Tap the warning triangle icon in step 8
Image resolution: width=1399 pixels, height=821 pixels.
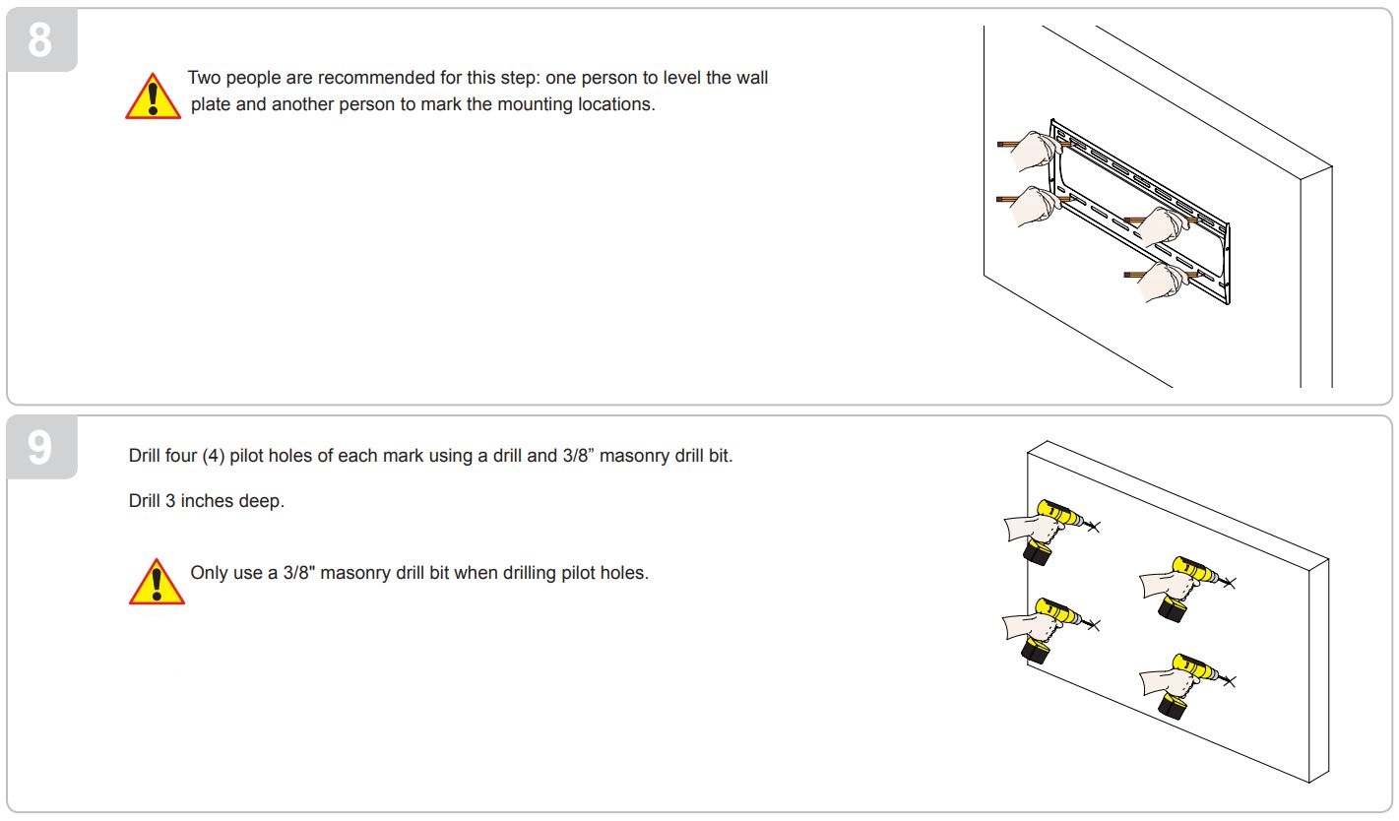point(153,96)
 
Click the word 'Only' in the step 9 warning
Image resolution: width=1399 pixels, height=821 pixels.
point(209,572)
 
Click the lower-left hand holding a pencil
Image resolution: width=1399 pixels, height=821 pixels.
point(1035,206)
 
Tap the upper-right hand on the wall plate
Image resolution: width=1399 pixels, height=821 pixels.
point(1162,226)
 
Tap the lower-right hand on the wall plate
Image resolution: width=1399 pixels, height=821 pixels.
point(1162,283)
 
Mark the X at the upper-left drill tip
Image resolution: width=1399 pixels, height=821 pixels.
point(1095,528)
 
